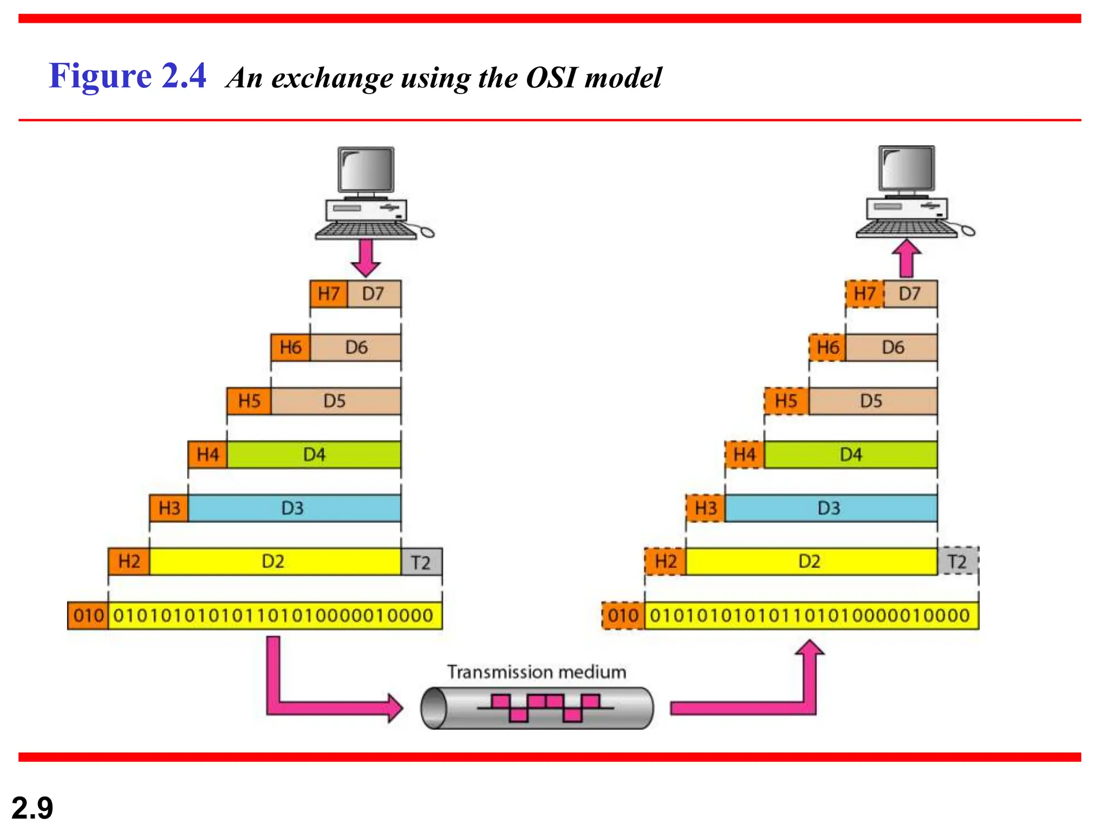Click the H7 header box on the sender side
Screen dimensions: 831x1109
click(329, 294)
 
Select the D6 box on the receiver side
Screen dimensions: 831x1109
click(892, 347)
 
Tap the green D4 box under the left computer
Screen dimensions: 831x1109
click(314, 454)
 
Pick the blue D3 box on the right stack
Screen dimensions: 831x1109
click(830, 508)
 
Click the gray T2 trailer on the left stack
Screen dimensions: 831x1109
click(421, 562)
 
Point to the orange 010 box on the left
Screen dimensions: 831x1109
click(88, 616)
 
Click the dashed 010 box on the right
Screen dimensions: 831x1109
click(623, 616)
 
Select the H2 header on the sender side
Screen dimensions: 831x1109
click(129, 562)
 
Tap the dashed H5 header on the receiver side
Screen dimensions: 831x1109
click(786, 401)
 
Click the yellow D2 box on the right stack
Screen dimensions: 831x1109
click(811, 562)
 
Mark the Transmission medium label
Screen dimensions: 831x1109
click(536, 672)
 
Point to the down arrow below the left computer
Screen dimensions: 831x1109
click(366, 257)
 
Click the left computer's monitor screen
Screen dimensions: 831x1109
click(366, 169)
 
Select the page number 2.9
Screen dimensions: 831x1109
click(32, 808)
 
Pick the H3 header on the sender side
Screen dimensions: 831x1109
click(169, 508)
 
